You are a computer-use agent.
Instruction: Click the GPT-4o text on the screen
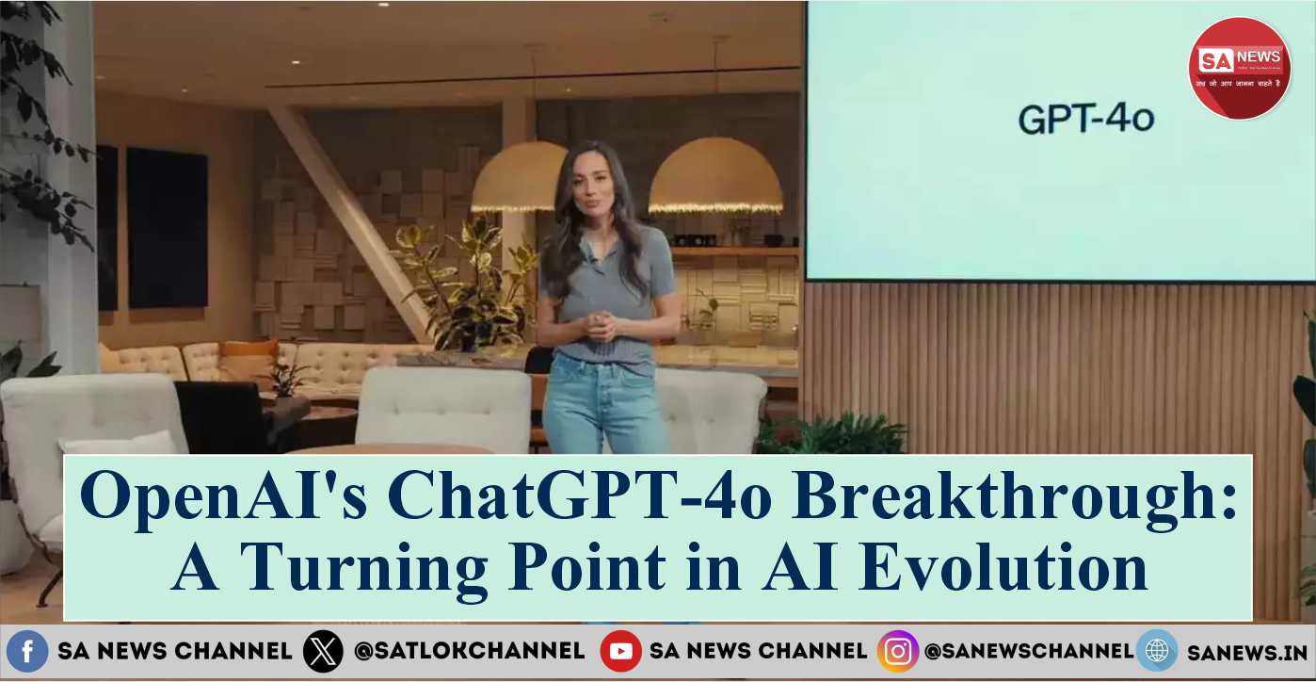pyautogui.click(x=1085, y=121)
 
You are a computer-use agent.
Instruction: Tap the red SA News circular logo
pyautogui.click(x=1239, y=68)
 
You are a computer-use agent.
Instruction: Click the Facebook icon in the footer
pyautogui.click(x=27, y=651)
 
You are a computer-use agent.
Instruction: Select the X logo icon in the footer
pyautogui.click(x=323, y=652)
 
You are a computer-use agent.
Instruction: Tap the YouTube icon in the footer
pyautogui.click(x=620, y=651)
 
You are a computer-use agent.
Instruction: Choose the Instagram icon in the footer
pyautogui.click(x=897, y=651)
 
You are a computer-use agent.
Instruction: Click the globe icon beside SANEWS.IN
pyautogui.click(x=1156, y=651)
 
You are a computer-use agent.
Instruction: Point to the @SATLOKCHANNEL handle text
pyautogui.click(x=469, y=651)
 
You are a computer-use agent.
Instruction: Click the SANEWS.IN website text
pyautogui.click(x=1246, y=652)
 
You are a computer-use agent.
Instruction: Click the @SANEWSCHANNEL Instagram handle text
pyautogui.click(x=1028, y=651)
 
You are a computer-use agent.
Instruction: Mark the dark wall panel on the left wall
pyautogui.click(x=167, y=228)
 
